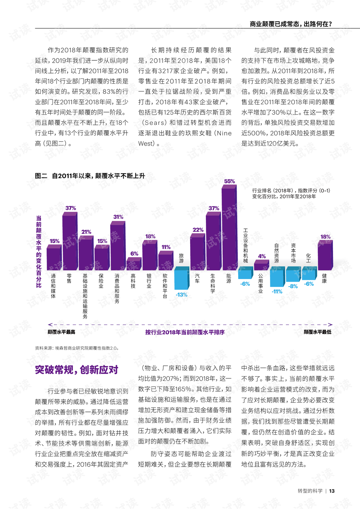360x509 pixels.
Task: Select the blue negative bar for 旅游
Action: pos(181,278)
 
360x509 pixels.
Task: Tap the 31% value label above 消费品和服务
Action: pos(118,217)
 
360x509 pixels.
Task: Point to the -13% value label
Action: pos(181,295)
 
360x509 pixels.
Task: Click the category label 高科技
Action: pos(133,281)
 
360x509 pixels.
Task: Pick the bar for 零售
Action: pos(70,242)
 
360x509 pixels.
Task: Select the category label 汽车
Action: pos(197,278)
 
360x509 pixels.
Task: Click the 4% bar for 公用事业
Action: pos(261,266)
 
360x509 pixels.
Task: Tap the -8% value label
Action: pos(293,286)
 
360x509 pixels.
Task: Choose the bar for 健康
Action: pos(325,256)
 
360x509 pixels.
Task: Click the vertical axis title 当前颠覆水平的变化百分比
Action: pos(39,252)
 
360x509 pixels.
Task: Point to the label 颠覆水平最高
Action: pos(61,332)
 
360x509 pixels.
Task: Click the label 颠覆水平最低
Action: pos(317,332)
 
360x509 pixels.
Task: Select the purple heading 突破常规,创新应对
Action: pos(76,370)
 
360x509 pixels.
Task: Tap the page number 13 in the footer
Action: pos(332,491)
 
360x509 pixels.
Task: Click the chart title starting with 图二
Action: pos(90,176)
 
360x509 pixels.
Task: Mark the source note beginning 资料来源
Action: pos(77,348)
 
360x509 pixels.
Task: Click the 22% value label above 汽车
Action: pos(198,230)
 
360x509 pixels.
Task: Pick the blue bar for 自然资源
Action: pos(277,277)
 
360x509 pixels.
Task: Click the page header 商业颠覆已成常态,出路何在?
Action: pos(291,24)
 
